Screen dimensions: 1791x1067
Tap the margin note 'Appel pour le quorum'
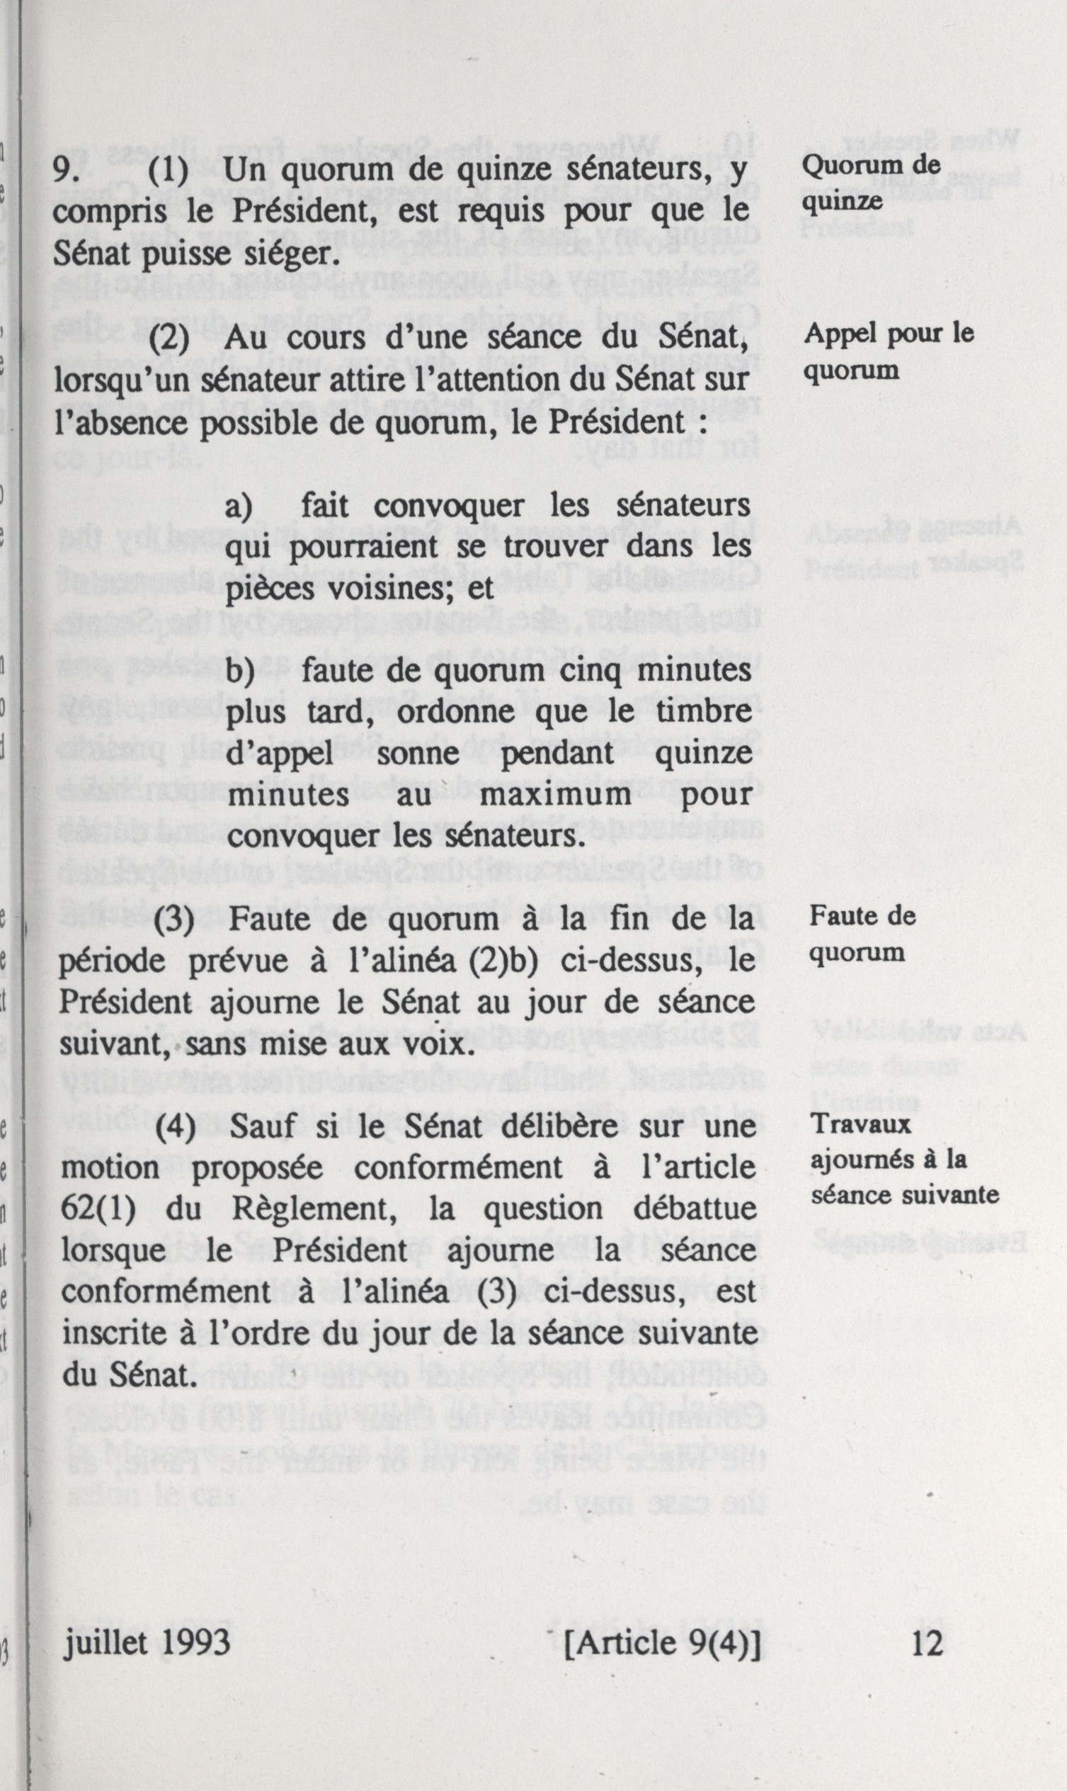pyautogui.click(x=889, y=351)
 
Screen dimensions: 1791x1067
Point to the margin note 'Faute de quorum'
pyautogui.click(x=862, y=934)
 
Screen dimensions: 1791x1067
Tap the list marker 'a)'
pyautogui.click(x=239, y=507)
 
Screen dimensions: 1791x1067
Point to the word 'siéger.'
pyautogui.click(x=290, y=254)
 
